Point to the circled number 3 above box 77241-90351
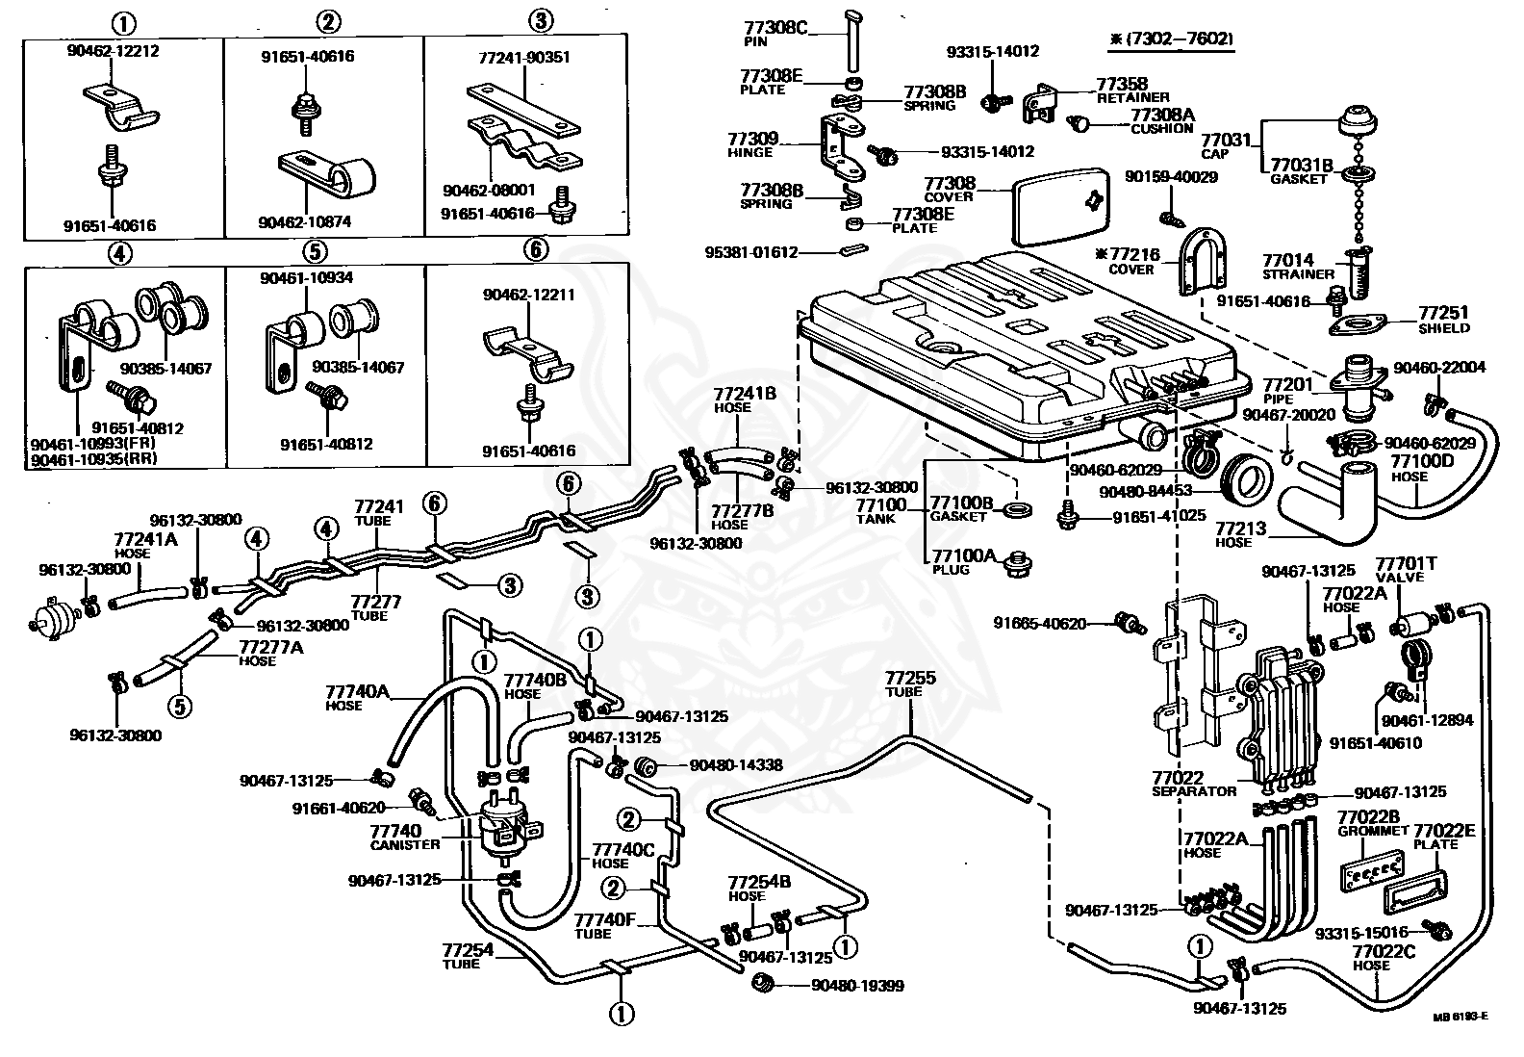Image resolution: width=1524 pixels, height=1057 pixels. click(541, 21)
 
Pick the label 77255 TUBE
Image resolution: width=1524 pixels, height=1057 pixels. click(909, 683)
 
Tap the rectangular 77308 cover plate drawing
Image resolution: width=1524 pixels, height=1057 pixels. click(1056, 207)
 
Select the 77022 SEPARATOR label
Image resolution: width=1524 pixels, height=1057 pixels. click(1193, 784)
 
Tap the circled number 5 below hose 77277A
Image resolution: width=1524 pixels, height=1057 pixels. click(179, 706)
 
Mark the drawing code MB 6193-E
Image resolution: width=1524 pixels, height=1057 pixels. click(1460, 1018)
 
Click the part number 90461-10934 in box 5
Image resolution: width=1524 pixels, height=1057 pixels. click(306, 277)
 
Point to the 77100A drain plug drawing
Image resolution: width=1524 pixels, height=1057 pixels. click(1016, 563)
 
